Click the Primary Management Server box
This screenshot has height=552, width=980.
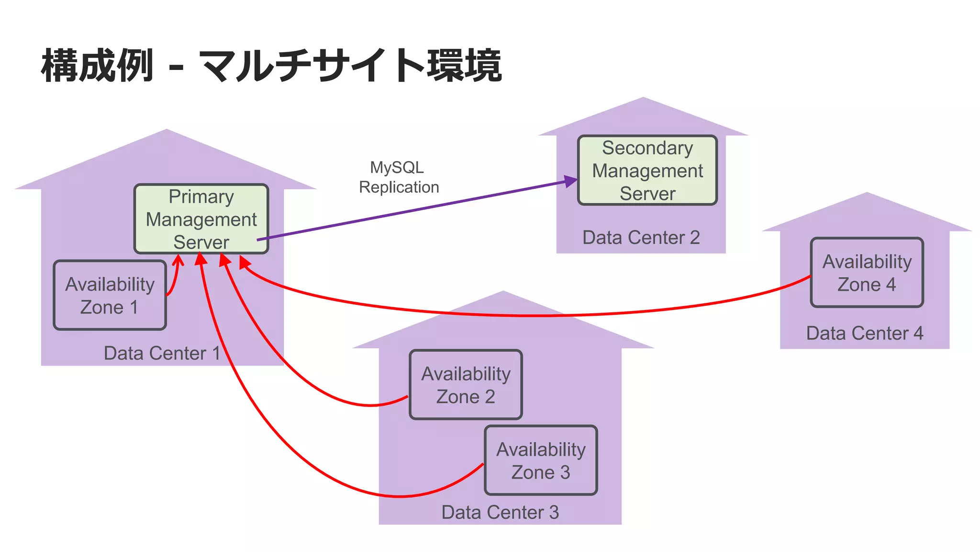(x=201, y=219)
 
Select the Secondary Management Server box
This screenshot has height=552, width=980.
(x=647, y=171)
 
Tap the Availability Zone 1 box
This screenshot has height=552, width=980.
(x=110, y=295)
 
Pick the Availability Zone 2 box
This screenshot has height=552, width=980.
(x=466, y=385)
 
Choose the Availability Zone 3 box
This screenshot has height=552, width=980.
(x=541, y=460)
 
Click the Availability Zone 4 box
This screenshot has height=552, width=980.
(x=867, y=273)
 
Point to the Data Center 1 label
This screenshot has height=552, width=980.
(x=162, y=353)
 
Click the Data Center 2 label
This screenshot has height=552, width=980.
(x=641, y=238)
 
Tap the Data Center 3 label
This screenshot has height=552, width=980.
(x=500, y=512)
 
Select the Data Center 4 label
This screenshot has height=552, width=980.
(x=864, y=333)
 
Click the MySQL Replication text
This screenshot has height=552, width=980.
(x=398, y=177)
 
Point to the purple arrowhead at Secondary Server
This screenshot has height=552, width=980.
(x=571, y=181)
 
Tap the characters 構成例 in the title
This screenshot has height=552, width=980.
(x=97, y=66)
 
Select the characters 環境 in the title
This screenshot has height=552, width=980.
(x=464, y=66)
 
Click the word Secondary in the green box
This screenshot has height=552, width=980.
(x=647, y=148)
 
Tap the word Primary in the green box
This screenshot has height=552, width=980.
(x=201, y=197)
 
